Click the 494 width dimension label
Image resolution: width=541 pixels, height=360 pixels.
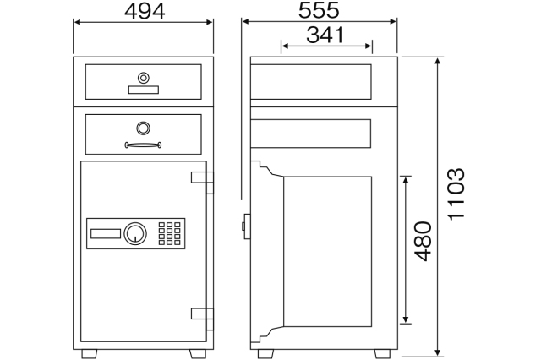145,11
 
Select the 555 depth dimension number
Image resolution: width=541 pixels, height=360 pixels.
319,10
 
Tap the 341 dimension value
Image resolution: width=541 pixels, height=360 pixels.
325,35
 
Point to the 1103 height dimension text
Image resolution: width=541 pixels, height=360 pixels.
456,194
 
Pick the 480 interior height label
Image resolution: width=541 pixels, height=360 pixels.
423,241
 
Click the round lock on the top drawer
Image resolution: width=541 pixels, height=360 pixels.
144,78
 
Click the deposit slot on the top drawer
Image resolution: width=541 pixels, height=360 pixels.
144,90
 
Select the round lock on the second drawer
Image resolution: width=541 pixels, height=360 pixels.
143,128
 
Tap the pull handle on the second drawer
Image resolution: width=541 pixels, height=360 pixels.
143,145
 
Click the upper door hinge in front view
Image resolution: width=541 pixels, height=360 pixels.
203,183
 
